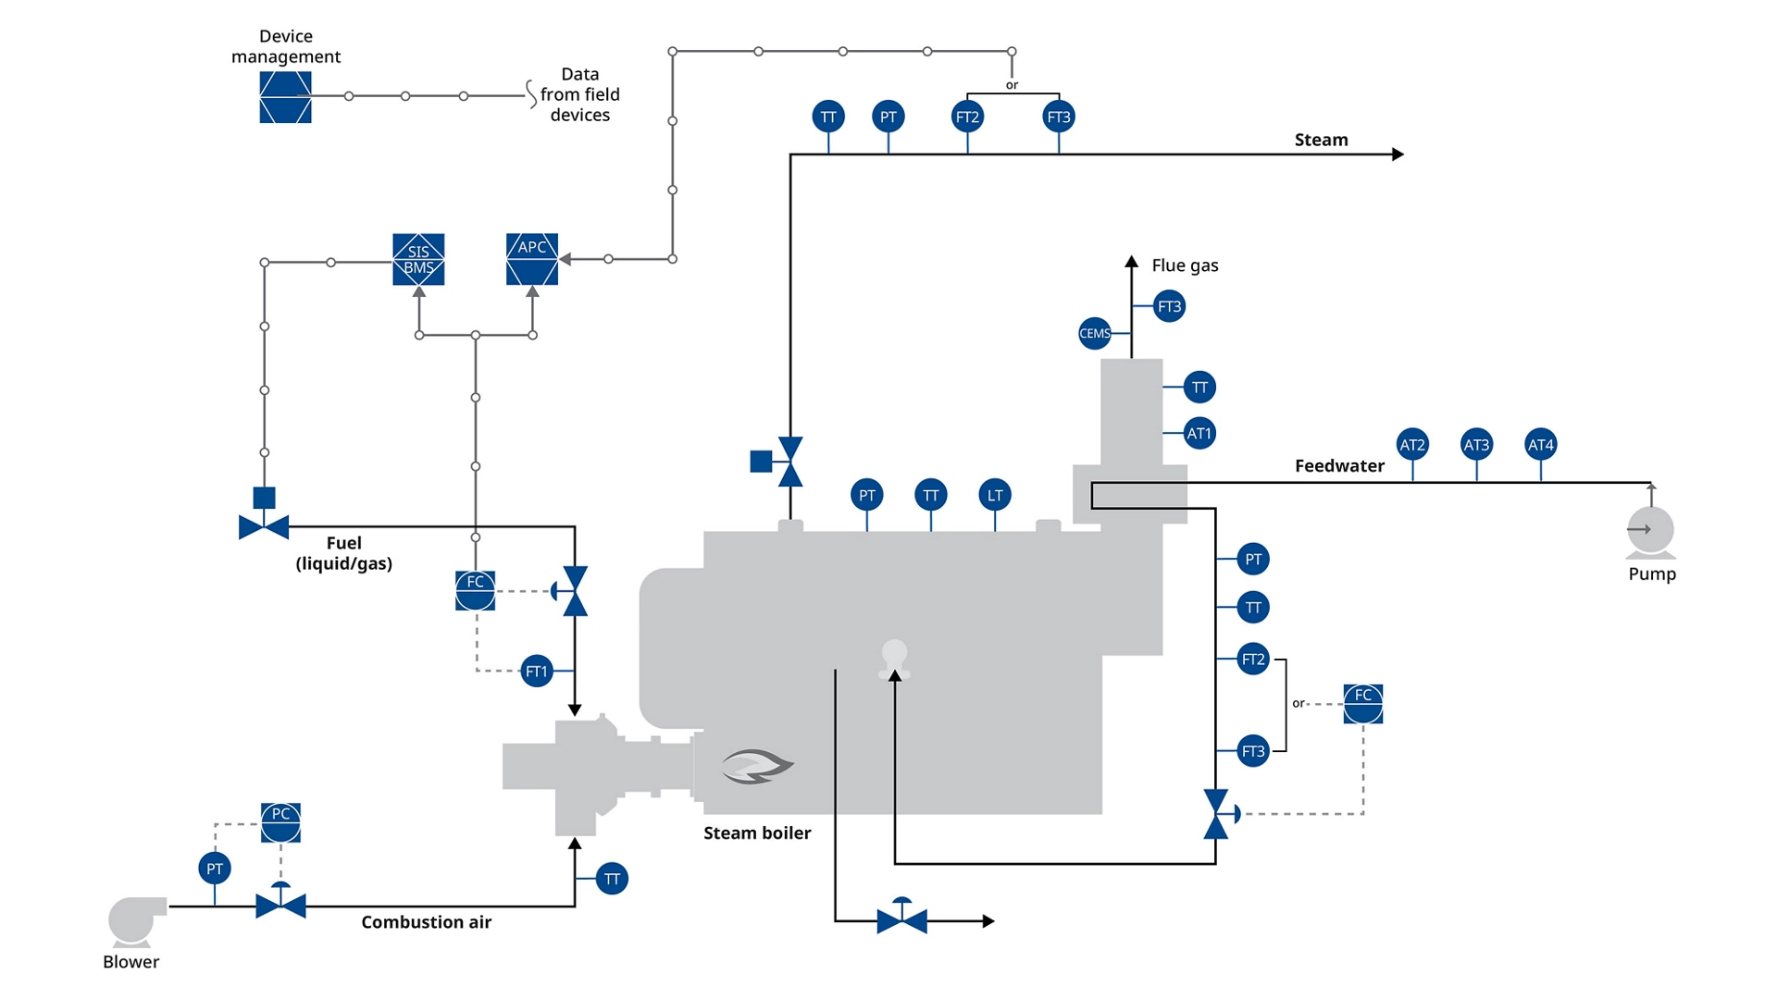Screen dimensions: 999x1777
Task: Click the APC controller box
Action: point(532,259)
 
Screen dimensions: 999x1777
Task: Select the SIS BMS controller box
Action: point(418,259)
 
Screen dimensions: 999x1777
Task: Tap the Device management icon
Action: point(285,97)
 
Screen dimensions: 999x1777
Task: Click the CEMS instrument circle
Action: point(1094,333)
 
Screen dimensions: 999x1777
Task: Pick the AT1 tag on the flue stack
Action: point(1199,433)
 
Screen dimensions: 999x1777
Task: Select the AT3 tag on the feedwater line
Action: point(1476,445)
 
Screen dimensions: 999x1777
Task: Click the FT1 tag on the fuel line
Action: point(537,671)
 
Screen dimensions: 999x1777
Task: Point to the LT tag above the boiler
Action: point(995,495)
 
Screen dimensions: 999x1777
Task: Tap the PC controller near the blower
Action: point(280,822)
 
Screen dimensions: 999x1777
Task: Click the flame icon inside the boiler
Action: point(757,766)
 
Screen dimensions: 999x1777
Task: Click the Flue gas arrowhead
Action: point(1131,263)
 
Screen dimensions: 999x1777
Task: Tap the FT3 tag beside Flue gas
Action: point(1169,306)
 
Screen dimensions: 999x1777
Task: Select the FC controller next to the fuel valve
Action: point(475,590)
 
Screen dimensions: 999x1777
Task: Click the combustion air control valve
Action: point(280,904)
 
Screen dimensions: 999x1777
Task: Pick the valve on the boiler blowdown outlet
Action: point(901,919)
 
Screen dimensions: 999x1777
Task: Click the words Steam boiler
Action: point(756,832)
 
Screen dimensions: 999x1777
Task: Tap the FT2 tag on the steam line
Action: point(967,117)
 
